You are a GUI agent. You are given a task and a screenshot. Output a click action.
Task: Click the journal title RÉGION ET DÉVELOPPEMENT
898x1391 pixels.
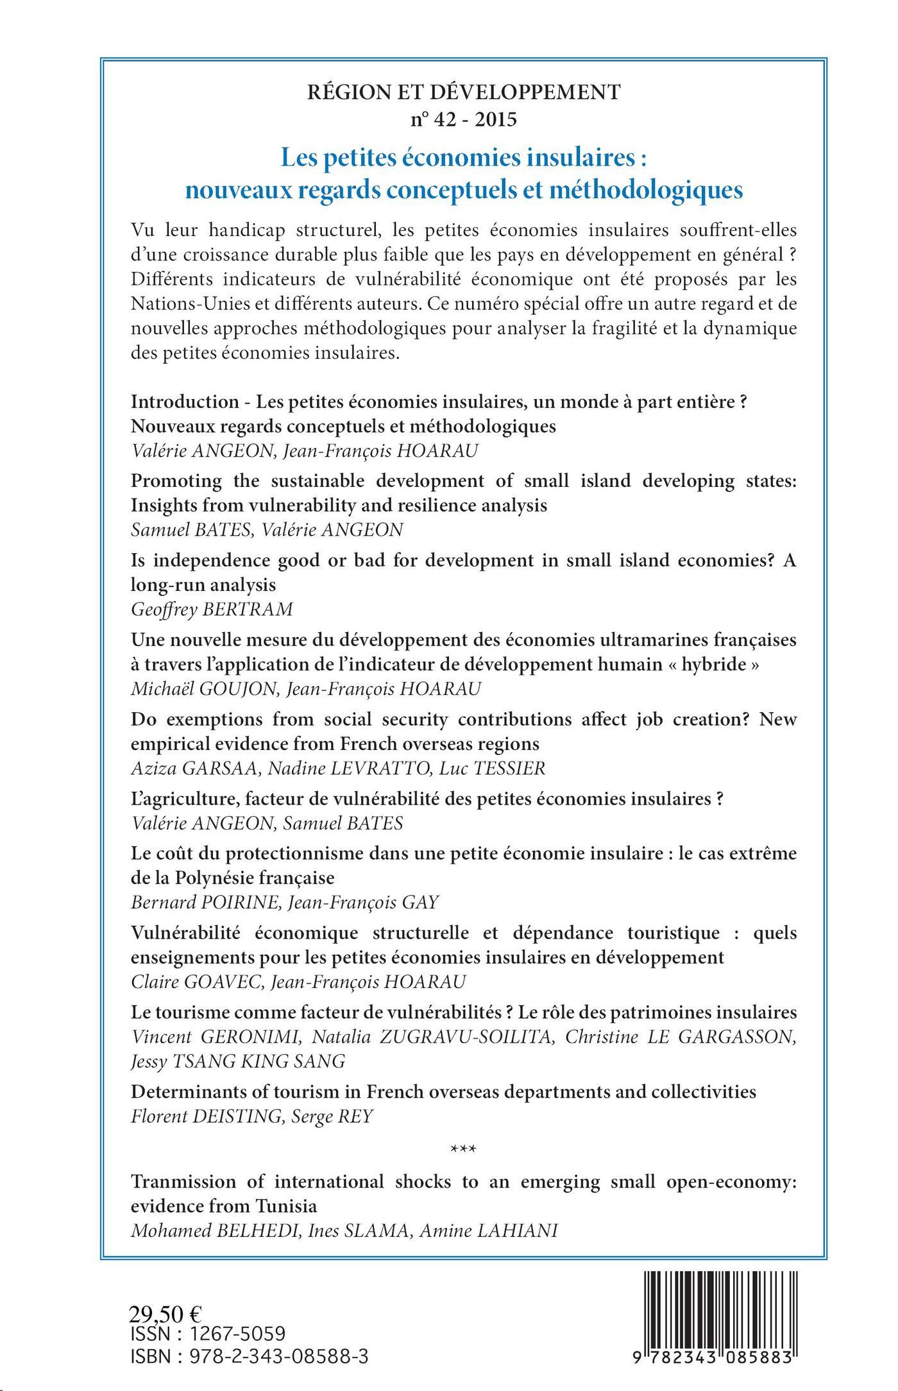tap(464, 93)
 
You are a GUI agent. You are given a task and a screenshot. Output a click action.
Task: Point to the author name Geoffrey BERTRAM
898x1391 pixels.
tap(212, 609)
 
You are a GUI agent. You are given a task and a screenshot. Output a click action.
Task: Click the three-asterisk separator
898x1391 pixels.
tap(464, 1148)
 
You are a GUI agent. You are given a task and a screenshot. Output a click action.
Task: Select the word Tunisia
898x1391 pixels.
tap(287, 1206)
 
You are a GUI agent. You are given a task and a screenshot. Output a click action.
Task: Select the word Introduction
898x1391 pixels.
tap(185, 402)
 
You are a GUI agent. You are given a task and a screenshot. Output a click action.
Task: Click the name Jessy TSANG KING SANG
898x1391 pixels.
tap(238, 1062)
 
